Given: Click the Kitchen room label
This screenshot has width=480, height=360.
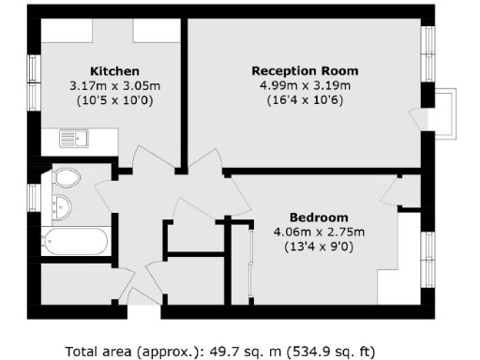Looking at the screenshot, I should [114, 71].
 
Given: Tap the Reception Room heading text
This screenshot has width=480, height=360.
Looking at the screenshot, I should [305, 71].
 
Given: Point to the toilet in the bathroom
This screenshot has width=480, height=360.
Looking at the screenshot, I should [66, 176].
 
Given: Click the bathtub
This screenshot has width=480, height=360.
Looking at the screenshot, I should [75, 242].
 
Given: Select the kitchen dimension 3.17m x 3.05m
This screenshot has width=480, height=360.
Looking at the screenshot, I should [114, 86].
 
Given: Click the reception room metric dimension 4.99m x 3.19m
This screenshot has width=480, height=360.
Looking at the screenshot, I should [305, 86].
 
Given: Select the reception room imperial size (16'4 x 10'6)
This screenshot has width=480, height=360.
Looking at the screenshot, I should [305, 100].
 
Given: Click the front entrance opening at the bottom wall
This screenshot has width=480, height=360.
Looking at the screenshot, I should [143, 298].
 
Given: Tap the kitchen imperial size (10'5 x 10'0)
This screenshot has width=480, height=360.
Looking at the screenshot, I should [114, 100].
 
